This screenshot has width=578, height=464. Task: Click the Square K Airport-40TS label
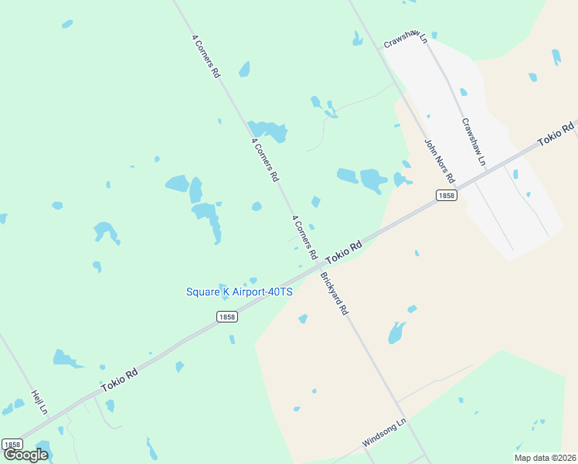[x=240, y=292]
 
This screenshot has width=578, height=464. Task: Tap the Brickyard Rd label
[x=334, y=293]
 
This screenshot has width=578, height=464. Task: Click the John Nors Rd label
[x=440, y=162]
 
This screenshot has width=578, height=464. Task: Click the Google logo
[x=25, y=455]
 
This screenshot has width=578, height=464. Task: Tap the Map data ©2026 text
[x=546, y=457]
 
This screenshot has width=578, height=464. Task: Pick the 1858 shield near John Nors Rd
[x=446, y=196]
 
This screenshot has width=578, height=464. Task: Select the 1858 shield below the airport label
[x=226, y=316]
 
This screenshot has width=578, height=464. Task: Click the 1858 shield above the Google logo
[x=12, y=444]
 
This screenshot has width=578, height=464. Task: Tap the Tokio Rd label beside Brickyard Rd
[x=344, y=253]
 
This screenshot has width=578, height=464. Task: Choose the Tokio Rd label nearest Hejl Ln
[x=119, y=379]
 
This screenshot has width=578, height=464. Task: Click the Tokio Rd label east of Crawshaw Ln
[x=556, y=133]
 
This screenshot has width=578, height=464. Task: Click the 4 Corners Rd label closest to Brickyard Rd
[x=304, y=237]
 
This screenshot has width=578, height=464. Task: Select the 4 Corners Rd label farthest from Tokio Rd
[x=206, y=56]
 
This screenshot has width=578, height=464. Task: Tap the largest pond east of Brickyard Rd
[x=396, y=333]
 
